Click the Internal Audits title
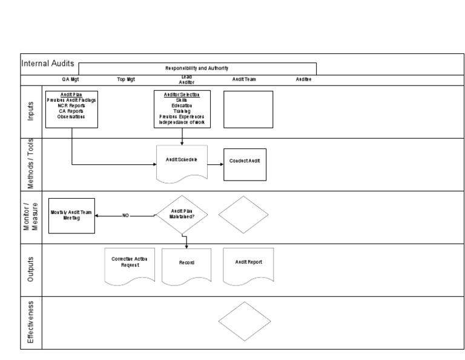coord(48,63)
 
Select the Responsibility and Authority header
coord(197,68)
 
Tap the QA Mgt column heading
coord(70,79)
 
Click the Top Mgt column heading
coord(125,79)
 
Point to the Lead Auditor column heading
coord(186,79)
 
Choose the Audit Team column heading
coord(244,79)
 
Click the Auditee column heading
coord(303,79)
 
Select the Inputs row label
coord(31,112)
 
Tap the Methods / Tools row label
coord(31,164)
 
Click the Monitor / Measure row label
coord(31,216)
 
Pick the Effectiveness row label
coord(31,321)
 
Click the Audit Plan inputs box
coord(71,109)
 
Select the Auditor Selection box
coord(182,109)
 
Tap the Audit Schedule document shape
coord(182,162)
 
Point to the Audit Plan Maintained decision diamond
coord(182,215)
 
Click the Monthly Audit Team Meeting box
coord(73,216)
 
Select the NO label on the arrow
coord(126,215)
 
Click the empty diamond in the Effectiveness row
coord(244,321)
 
